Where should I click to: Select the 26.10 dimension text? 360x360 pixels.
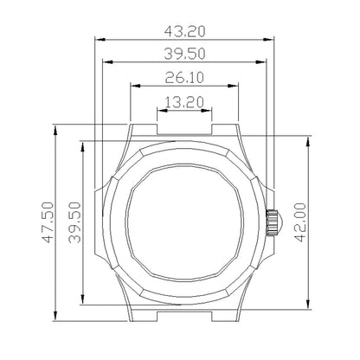click(x=183, y=76)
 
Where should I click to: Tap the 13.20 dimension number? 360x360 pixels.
click(x=183, y=101)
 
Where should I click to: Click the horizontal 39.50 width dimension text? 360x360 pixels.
click(x=183, y=54)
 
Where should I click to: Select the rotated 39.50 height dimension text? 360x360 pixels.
click(x=74, y=221)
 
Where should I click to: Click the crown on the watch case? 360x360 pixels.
click(x=272, y=221)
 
